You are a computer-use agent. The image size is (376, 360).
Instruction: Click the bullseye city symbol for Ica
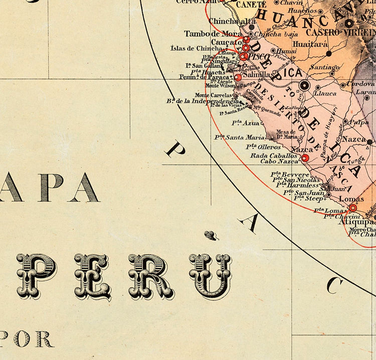303,86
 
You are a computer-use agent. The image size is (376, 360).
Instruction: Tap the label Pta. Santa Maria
240,137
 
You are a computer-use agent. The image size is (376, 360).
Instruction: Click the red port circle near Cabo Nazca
305,158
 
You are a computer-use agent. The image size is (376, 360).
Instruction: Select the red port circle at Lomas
353,208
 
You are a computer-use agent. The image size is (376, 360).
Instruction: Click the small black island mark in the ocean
210,233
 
